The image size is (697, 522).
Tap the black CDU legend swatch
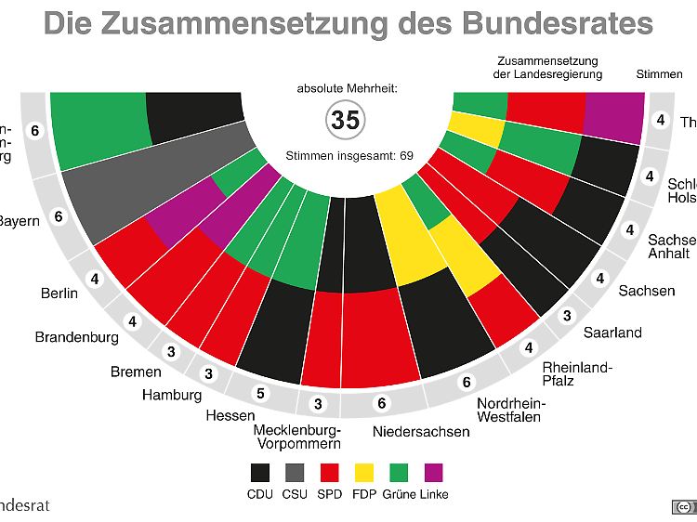coord(261,472)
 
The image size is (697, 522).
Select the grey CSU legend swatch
coord(296,472)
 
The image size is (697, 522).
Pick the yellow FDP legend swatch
coord(364,472)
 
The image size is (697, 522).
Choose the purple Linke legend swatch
coord(433,472)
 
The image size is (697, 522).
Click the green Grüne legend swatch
coord(399,472)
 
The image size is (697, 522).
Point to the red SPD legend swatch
coord(330,472)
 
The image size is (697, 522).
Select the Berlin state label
coord(59,294)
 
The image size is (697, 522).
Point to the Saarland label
coord(612,333)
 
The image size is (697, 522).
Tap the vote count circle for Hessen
coord(261,393)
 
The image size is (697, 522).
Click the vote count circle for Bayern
coord(58,216)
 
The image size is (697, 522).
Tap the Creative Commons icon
coord(684,506)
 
